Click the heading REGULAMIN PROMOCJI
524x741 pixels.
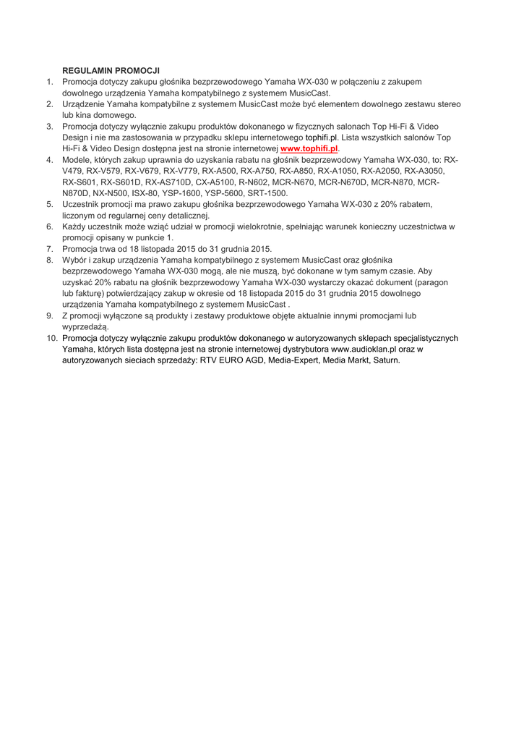pyautogui.click(x=111, y=71)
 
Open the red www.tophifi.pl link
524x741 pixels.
pyautogui.click(x=309, y=148)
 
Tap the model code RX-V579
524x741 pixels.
pyautogui.click(x=103, y=171)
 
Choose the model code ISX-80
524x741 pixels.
pyautogui.click(x=146, y=193)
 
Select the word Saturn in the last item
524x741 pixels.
pyautogui.click(x=384, y=360)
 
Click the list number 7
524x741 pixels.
pyautogui.click(x=50, y=249)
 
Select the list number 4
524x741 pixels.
pyautogui.click(x=50, y=160)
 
